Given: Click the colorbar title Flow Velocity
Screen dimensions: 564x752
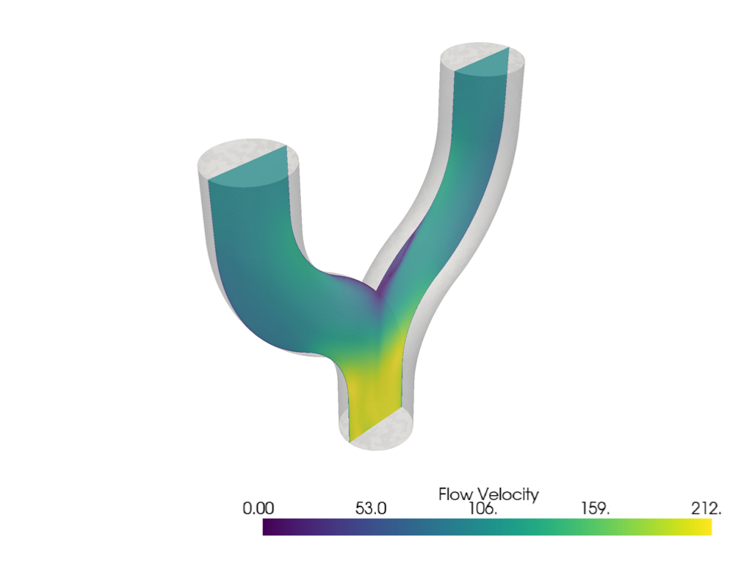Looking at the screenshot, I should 488,494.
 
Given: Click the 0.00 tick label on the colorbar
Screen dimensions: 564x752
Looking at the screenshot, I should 258,509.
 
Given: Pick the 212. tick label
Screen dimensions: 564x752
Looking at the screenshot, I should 706,509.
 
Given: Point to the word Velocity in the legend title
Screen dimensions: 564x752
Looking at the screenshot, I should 508,494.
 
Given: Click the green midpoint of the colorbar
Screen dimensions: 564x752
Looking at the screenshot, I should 487,527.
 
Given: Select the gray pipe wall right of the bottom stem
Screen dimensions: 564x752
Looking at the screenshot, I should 413,389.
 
